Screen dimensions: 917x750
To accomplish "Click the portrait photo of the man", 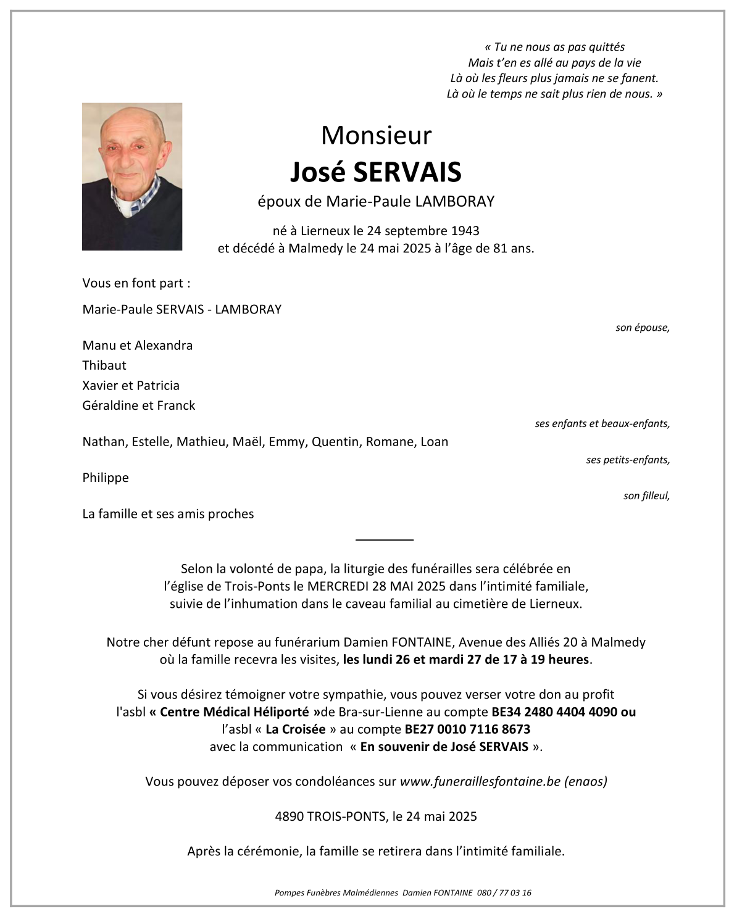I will point(131,176).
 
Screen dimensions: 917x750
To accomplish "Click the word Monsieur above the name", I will point(376,135).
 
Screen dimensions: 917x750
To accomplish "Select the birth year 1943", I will point(465,231).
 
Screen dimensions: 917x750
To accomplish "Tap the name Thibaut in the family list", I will point(104,365).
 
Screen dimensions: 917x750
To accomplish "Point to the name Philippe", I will point(106,478).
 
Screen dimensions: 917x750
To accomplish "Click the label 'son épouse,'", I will point(642,328).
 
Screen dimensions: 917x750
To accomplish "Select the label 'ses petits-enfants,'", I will point(628,460).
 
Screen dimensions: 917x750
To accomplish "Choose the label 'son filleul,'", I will point(646,496).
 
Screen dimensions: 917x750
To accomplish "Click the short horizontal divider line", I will point(384,539).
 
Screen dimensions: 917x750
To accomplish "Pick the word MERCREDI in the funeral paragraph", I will point(338,586).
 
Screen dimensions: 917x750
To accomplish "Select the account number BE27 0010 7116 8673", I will point(467,729).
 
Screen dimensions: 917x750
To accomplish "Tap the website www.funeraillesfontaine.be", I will point(480,781).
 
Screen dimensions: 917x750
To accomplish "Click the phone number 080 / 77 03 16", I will point(504,892).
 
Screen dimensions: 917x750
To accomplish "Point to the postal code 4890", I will point(290,816).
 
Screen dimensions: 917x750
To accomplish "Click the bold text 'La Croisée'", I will point(296,729).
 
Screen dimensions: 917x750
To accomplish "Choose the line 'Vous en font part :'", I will point(136,283).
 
